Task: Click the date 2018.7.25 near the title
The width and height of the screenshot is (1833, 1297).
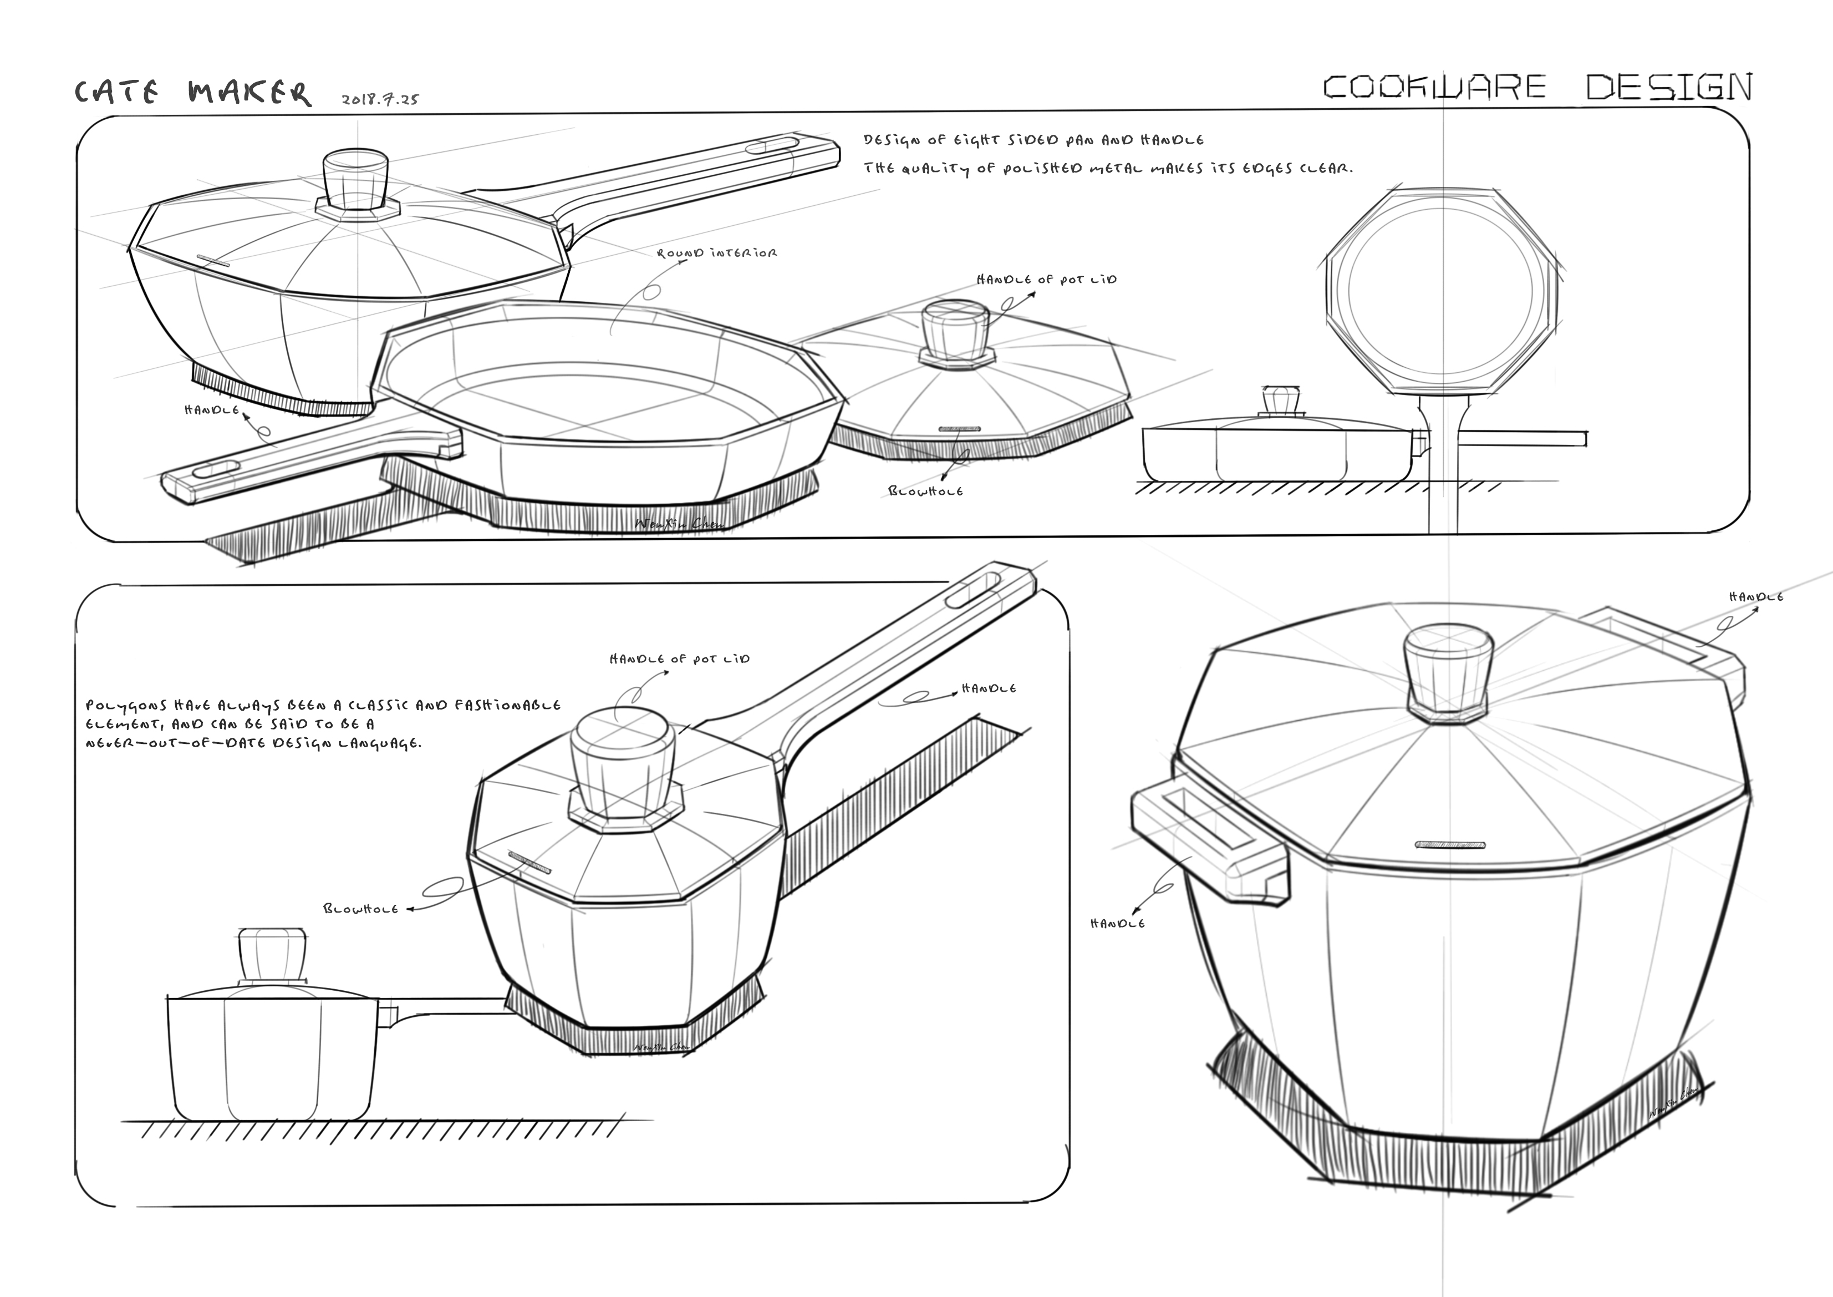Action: click(x=380, y=100)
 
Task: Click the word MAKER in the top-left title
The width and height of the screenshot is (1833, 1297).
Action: click(x=249, y=93)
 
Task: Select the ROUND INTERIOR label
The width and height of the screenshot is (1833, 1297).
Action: click(x=716, y=253)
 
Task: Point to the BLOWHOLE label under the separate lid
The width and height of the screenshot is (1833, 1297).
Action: click(x=925, y=491)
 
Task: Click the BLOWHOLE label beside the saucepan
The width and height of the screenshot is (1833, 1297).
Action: click(x=360, y=909)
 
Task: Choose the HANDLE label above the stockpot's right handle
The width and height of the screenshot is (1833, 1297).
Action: click(x=1755, y=596)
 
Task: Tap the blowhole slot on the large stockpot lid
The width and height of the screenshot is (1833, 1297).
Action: click(x=1450, y=844)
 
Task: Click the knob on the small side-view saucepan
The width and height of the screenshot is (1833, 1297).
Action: click(x=272, y=954)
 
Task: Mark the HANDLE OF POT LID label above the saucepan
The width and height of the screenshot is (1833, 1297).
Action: click(x=679, y=659)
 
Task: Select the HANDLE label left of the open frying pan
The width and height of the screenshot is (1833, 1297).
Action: click(x=212, y=410)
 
